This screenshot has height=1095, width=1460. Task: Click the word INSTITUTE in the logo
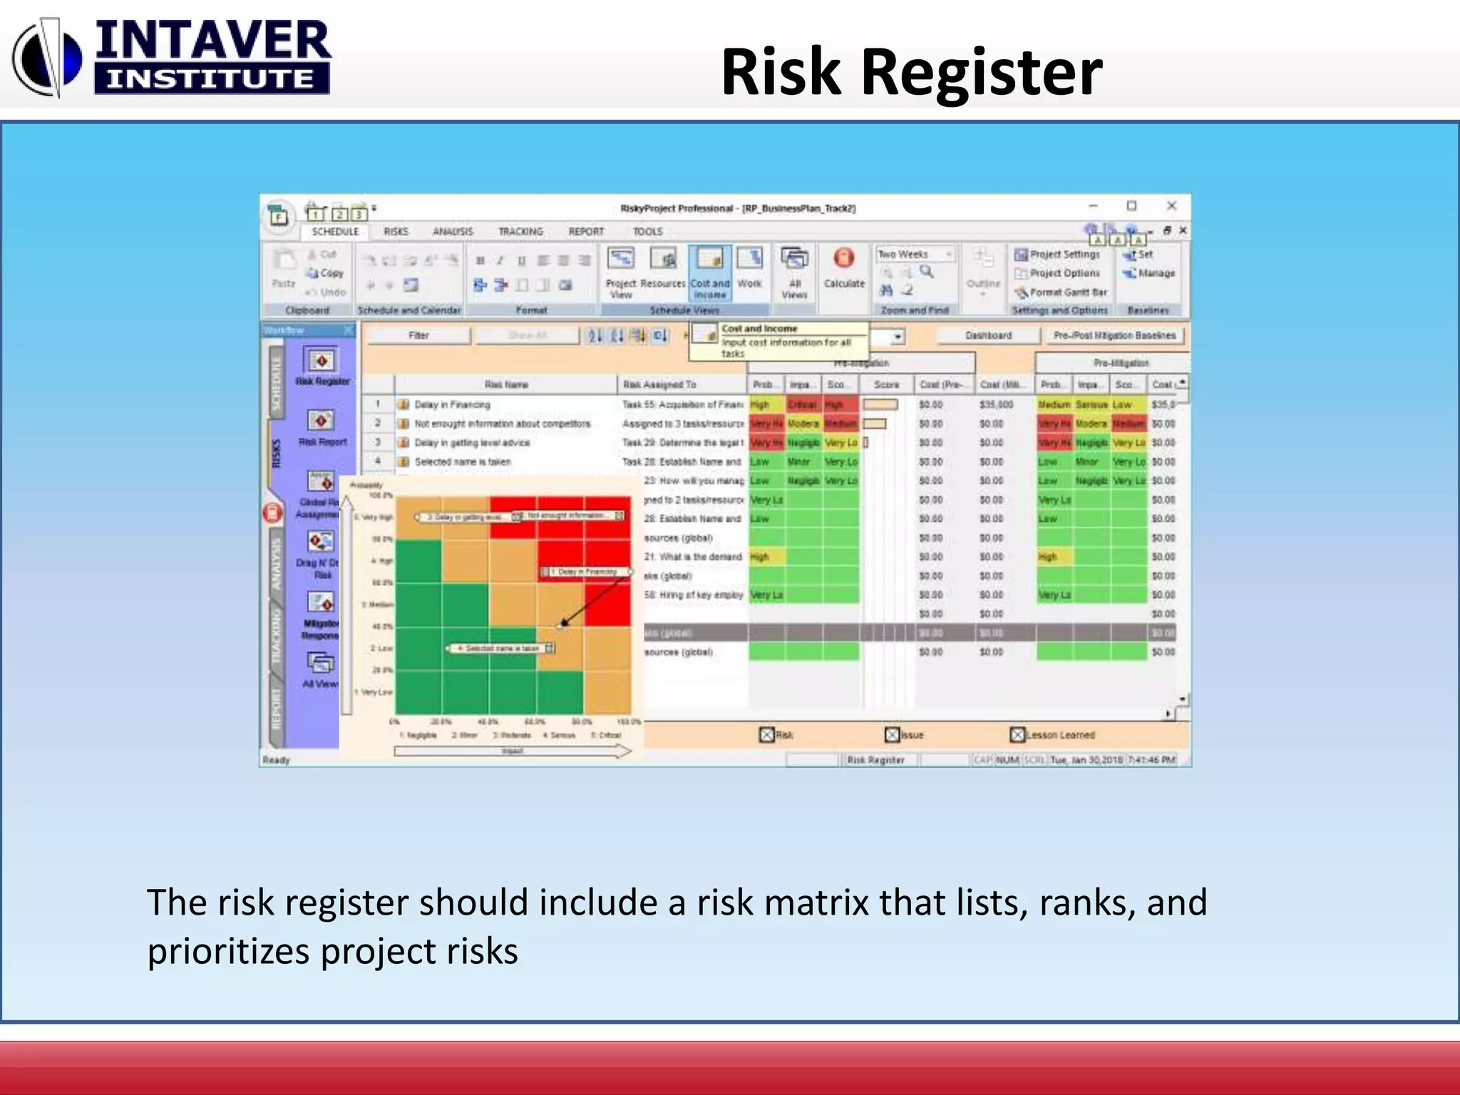pos(211,78)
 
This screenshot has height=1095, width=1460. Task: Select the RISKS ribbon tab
pos(396,232)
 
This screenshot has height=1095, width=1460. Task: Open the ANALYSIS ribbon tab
pos(453,232)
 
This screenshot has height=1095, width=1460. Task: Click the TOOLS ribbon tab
pos(647,232)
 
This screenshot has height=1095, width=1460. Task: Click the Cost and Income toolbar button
pos(709,274)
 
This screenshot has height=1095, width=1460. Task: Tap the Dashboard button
pos(988,336)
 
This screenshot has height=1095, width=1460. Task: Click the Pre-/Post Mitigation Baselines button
pos(1114,336)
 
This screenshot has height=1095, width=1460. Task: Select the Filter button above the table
pos(418,336)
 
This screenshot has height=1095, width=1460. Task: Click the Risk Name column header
pos(506,385)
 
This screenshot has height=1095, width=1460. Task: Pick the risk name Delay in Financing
pos(452,405)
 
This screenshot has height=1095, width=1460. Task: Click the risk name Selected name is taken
pos(463,462)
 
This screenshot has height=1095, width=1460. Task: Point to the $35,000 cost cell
pos(996,405)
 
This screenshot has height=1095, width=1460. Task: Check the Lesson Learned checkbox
pos(1017,735)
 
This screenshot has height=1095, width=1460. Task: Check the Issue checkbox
pos(892,735)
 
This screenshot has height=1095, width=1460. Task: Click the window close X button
pos(1171,206)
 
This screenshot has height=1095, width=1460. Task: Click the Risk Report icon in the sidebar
pos(322,421)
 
